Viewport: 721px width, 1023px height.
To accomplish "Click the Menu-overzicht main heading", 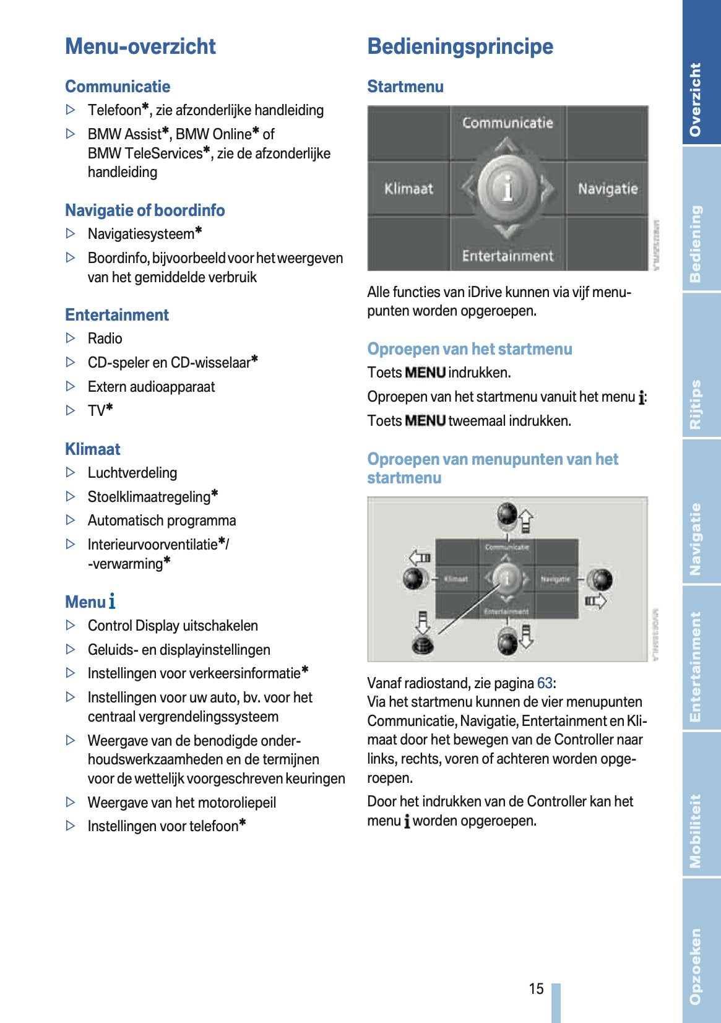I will (140, 46).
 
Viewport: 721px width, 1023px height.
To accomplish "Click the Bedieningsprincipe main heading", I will (460, 46).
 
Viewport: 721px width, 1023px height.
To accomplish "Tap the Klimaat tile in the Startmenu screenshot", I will (408, 188).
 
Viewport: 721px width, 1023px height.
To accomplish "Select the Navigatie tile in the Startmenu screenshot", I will (607, 188).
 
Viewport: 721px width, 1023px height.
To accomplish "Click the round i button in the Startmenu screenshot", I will (507, 188).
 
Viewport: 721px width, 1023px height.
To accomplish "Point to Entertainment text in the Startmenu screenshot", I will (507, 256).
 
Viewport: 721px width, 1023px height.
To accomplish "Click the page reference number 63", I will (545, 683).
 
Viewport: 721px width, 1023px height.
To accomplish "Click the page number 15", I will (536, 988).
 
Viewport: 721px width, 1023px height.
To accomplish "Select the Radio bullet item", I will (105, 339).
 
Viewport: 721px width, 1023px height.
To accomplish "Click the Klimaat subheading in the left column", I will (93, 449).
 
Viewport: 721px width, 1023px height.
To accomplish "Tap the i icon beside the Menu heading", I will (112, 602).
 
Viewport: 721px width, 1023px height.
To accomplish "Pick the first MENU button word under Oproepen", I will (425, 373).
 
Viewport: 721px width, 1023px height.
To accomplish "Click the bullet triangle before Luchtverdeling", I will (71, 473).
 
